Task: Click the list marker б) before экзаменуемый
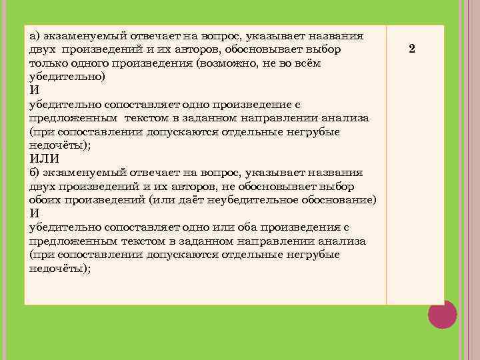tap(35, 172)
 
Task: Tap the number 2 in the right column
tap(412, 49)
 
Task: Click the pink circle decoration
tap(442, 314)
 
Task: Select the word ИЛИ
tap(45, 159)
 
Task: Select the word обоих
tap(45, 199)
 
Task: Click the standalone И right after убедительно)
tap(34, 91)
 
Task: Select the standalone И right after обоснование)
tap(34, 213)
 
